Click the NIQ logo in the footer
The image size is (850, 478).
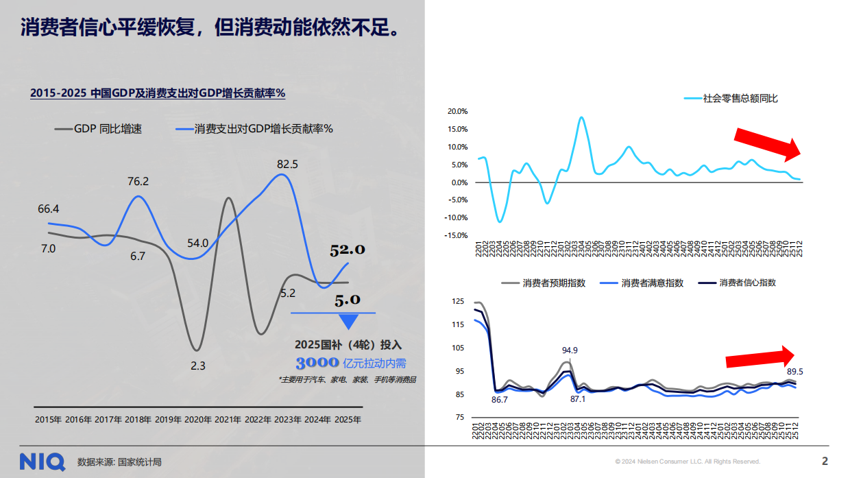tap(42, 462)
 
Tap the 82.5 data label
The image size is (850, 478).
tap(287, 164)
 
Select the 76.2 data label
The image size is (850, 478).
tap(138, 182)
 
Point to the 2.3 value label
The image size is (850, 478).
tap(197, 366)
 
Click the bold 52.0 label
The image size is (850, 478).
tap(348, 250)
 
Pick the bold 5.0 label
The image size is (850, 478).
tap(348, 300)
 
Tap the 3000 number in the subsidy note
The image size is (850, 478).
tap(317, 363)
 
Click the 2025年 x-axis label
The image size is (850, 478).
tap(348, 419)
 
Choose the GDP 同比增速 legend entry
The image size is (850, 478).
tap(108, 128)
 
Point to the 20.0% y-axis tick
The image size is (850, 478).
tap(457, 111)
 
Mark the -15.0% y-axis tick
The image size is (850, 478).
tap(456, 235)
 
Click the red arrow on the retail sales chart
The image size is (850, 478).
tap(767, 144)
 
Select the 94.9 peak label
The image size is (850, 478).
tap(570, 350)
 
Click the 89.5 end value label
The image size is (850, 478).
tap(795, 372)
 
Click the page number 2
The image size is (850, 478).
tap(825, 461)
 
